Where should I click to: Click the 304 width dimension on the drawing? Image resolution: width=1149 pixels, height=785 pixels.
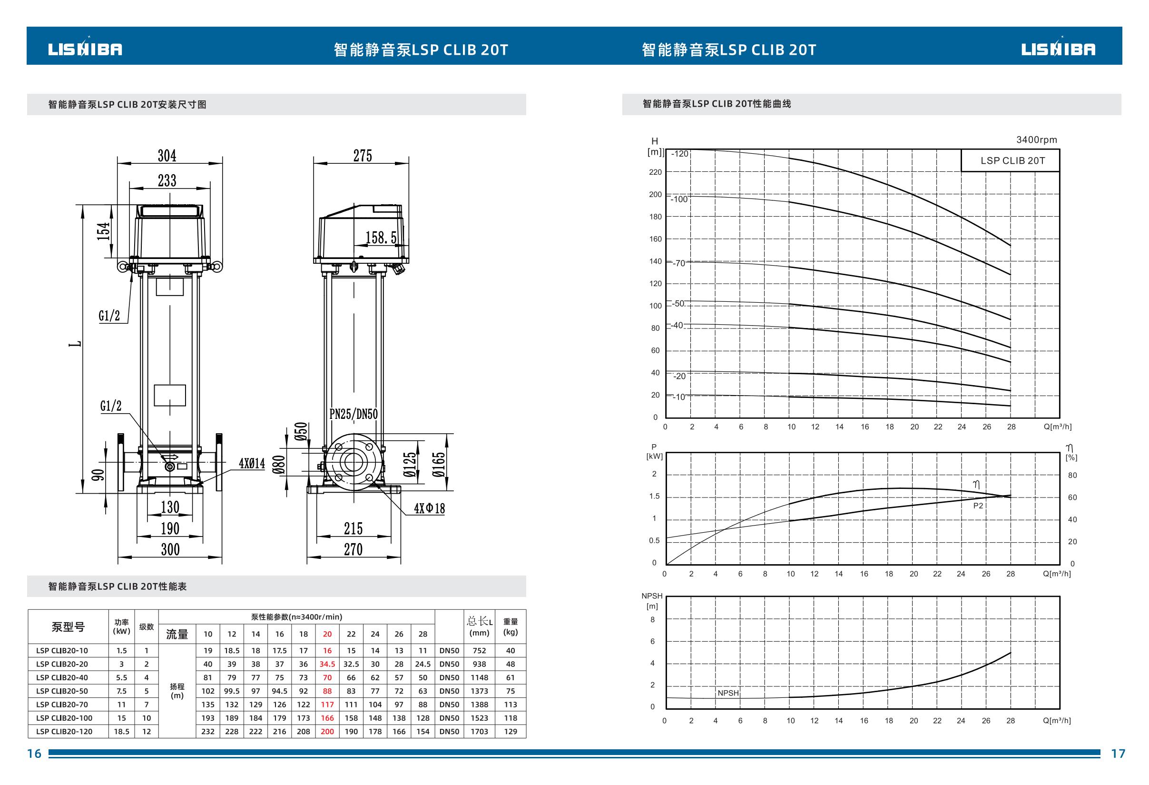coord(167,156)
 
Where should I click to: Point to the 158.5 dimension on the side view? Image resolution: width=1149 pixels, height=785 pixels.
coord(381,238)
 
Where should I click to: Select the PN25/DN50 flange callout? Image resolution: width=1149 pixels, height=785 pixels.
coord(354,414)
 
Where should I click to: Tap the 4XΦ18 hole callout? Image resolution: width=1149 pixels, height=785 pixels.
coord(429,508)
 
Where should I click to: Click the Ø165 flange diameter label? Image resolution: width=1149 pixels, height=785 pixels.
coord(439,464)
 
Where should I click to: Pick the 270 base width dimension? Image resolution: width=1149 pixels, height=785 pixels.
coord(354,549)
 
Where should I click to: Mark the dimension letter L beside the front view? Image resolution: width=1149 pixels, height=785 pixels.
coord(76,344)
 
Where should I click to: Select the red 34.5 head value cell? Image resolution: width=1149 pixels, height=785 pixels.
coord(327,664)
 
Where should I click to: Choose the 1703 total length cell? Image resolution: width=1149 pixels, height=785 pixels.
coord(480,731)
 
